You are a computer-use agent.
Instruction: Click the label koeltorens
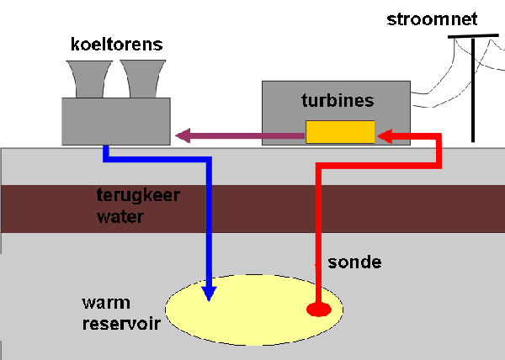(x=117, y=45)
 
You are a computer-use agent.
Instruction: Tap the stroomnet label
(x=432, y=19)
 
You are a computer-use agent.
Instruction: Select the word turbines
(x=338, y=100)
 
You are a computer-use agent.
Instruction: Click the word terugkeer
(x=138, y=196)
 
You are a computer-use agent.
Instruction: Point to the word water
(x=120, y=217)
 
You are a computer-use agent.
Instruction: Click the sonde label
(x=354, y=262)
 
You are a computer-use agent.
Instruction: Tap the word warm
(x=106, y=303)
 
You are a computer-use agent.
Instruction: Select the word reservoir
(x=121, y=324)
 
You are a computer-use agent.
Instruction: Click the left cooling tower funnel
(x=89, y=79)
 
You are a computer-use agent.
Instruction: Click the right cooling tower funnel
(x=143, y=79)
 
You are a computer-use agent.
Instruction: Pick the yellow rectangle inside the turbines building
(x=340, y=132)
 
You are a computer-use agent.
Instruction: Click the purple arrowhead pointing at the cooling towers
(x=183, y=135)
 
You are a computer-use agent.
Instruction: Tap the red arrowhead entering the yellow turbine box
(x=385, y=136)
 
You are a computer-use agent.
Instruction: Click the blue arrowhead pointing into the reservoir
(x=209, y=294)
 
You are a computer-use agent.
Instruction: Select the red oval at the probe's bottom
(x=319, y=310)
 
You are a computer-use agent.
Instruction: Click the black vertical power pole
(x=473, y=90)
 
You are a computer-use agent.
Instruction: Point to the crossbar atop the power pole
(x=473, y=36)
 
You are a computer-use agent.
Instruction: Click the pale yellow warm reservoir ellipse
(x=254, y=310)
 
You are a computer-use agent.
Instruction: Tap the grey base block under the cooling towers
(x=116, y=121)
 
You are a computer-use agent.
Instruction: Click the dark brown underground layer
(x=252, y=209)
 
